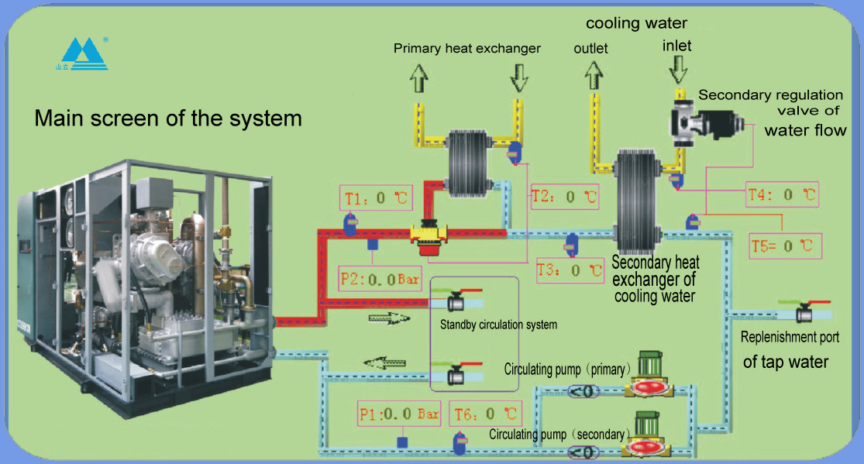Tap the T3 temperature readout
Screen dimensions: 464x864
(x=570, y=271)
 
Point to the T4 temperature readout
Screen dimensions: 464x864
(x=781, y=195)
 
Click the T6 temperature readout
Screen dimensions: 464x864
(x=485, y=414)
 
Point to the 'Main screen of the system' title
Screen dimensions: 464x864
(x=168, y=119)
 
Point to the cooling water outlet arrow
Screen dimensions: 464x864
(x=594, y=75)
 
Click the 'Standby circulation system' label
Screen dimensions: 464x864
(x=498, y=325)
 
